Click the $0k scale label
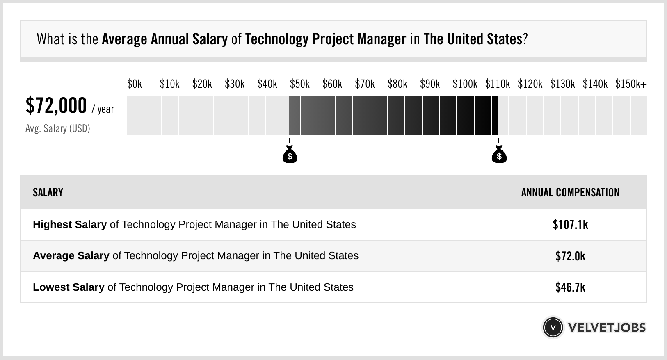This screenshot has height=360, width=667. click(x=135, y=84)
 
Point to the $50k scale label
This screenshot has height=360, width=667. click(x=299, y=84)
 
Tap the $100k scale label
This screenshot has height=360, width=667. click(x=464, y=84)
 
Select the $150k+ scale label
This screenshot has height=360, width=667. click(x=631, y=84)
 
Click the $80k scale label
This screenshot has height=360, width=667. click(x=397, y=84)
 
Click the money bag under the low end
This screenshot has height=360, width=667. click(x=290, y=155)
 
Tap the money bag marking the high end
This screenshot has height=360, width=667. click(x=499, y=155)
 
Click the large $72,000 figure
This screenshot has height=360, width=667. click(x=56, y=105)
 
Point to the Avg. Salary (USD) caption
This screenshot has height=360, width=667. click(x=57, y=129)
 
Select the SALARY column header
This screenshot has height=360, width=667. click(x=48, y=193)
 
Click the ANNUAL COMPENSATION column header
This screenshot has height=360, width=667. click(x=570, y=193)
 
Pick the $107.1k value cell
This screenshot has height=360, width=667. click(x=570, y=225)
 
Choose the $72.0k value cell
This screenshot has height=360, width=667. click(x=570, y=256)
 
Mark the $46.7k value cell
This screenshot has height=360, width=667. click(x=570, y=287)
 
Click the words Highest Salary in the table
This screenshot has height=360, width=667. click(x=70, y=225)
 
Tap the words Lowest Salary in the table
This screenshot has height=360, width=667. click(x=69, y=287)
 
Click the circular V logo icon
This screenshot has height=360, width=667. click(x=553, y=328)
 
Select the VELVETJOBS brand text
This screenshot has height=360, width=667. click(x=607, y=328)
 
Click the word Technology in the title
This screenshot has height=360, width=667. click(x=277, y=39)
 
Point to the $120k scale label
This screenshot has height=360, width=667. click(x=530, y=84)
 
